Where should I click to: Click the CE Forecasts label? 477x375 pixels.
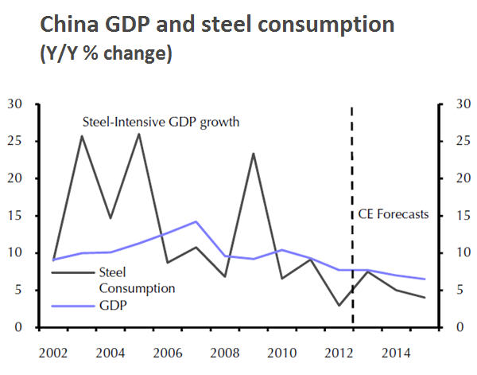click(389, 214)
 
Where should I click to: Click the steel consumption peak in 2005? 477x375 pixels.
click(139, 134)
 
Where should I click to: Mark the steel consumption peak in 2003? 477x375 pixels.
click(82, 136)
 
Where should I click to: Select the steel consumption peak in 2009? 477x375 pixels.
click(254, 154)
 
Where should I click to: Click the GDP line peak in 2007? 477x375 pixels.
click(196, 221)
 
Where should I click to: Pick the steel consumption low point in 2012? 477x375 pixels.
click(339, 305)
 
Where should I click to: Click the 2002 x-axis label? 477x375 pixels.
click(53, 351)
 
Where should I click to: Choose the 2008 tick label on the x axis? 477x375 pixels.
click(225, 351)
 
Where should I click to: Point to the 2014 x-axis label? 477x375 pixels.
click(397, 351)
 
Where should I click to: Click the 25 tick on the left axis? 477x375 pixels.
click(15, 141)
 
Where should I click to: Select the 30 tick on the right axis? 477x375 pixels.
click(460, 104)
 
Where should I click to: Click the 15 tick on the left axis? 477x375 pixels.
click(15, 216)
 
